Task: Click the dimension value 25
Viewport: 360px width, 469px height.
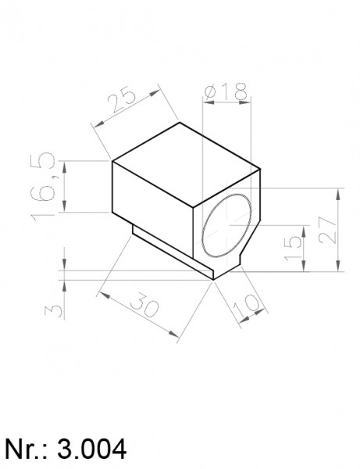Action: pyautogui.click(x=122, y=99)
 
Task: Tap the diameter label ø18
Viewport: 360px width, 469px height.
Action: pyautogui.click(x=226, y=91)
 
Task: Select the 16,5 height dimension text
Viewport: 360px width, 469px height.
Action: pyautogui.click(x=43, y=187)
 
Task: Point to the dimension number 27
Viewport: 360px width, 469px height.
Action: pyautogui.click(x=327, y=230)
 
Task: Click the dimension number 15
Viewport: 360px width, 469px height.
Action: pyautogui.click(x=293, y=249)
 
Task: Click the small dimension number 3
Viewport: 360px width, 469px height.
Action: pyautogui.click(x=54, y=311)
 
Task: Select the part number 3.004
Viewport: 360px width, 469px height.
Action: pyautogui.click(x=91, y=449)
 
